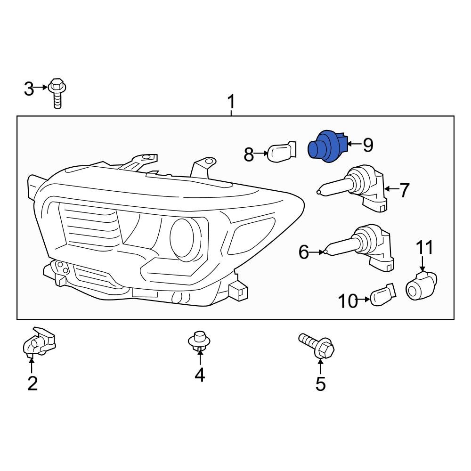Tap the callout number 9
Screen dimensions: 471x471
tap(368, 146)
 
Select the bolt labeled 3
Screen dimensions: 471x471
tap(57, 92)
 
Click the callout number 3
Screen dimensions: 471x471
tap(29, 88)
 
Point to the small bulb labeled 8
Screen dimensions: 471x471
tap(281, 152)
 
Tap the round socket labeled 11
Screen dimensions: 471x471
tap(422, 285)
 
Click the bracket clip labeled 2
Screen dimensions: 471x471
tap(39, 342)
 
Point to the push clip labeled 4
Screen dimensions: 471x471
tap(199, 342)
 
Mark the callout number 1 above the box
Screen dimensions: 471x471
tap(231, 101)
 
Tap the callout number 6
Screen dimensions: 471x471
tap(304, 252)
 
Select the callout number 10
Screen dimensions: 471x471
tap(348, 300)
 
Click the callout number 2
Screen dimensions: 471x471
tap(32, 383)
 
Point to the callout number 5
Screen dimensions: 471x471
tap(320, 384)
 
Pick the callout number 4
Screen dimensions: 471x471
tap(200, 375)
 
